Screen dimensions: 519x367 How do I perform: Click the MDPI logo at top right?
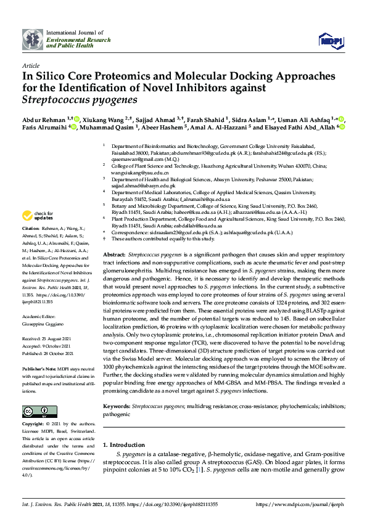pyautogui.click(x=329, y=40)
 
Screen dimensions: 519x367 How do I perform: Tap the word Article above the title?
pyautogui.click(x=30, y=65)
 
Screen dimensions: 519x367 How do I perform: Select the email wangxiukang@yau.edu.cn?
pyautogui.click(x=141, y=174)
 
